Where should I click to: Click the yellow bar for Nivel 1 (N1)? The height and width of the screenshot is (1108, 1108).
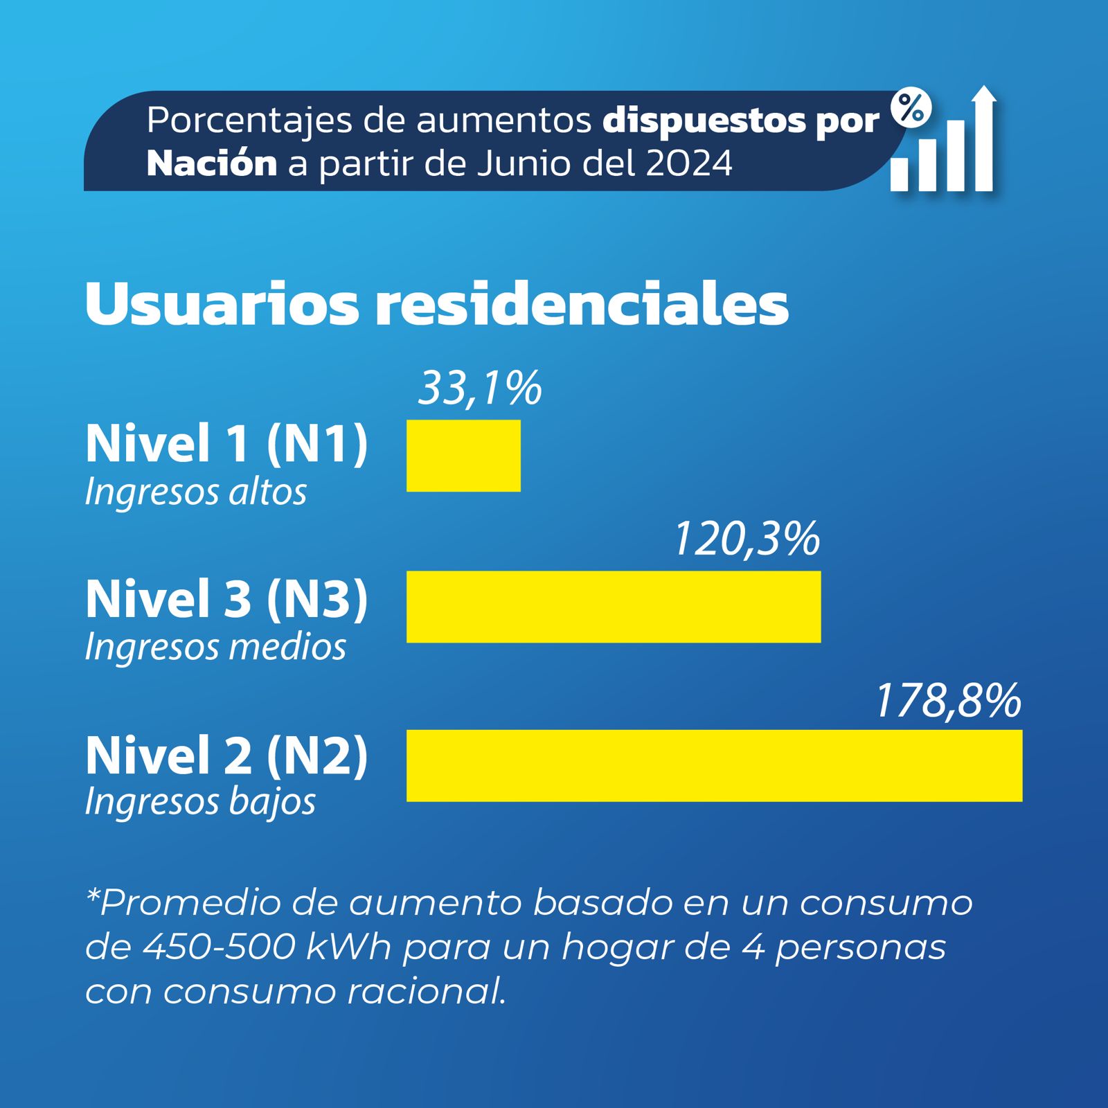pyautogui.click(x=463, y=456)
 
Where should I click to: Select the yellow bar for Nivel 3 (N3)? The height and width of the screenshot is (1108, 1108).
pyautogui.click(x=614, y=607)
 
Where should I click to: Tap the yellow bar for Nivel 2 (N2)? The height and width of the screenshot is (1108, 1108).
pyautogui.click(x=714, y=765)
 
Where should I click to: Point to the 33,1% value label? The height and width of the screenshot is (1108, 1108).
pyautogui.click(x=480, y=388)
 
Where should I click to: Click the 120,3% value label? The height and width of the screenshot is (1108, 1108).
pyautogui.click(x=747, y=539)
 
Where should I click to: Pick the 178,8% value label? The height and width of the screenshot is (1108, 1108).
pyautogui.click(x=948, y=700)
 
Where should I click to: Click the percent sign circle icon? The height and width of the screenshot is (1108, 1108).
pyautogui.click(x=911, y=108)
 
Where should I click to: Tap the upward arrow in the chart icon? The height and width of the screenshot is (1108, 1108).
pyautogui.click(x=983, y=138)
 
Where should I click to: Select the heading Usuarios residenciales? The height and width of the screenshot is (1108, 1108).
pyautogui.click(x=436, y=304)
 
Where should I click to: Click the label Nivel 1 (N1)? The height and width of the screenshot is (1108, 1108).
pyautogui.click(x=226, y=443)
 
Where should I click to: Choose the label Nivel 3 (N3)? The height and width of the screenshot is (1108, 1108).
pyautogui.click(x=226, y=599)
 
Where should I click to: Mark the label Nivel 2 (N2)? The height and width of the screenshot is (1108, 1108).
pyautogui.click(x=226, y=756)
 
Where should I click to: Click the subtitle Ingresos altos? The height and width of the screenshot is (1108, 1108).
pyautogui.click(x=195, y=492)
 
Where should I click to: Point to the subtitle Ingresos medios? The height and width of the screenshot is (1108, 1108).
pyautogui.click(x=215, y=647)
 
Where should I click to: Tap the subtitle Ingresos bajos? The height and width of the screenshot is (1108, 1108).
pyautogui.click(x=200, y=803)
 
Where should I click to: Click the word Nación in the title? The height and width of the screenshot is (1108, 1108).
pyautogui.click(x=212, y=163)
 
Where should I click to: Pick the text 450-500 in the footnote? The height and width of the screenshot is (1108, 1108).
pyautogui.click(x=219, y=947)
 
